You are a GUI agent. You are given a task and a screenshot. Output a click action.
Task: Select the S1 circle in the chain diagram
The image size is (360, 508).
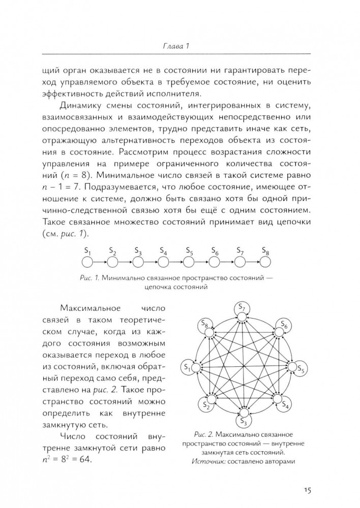87,262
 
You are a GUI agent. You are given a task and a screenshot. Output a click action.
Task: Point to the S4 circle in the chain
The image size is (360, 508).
163,262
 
